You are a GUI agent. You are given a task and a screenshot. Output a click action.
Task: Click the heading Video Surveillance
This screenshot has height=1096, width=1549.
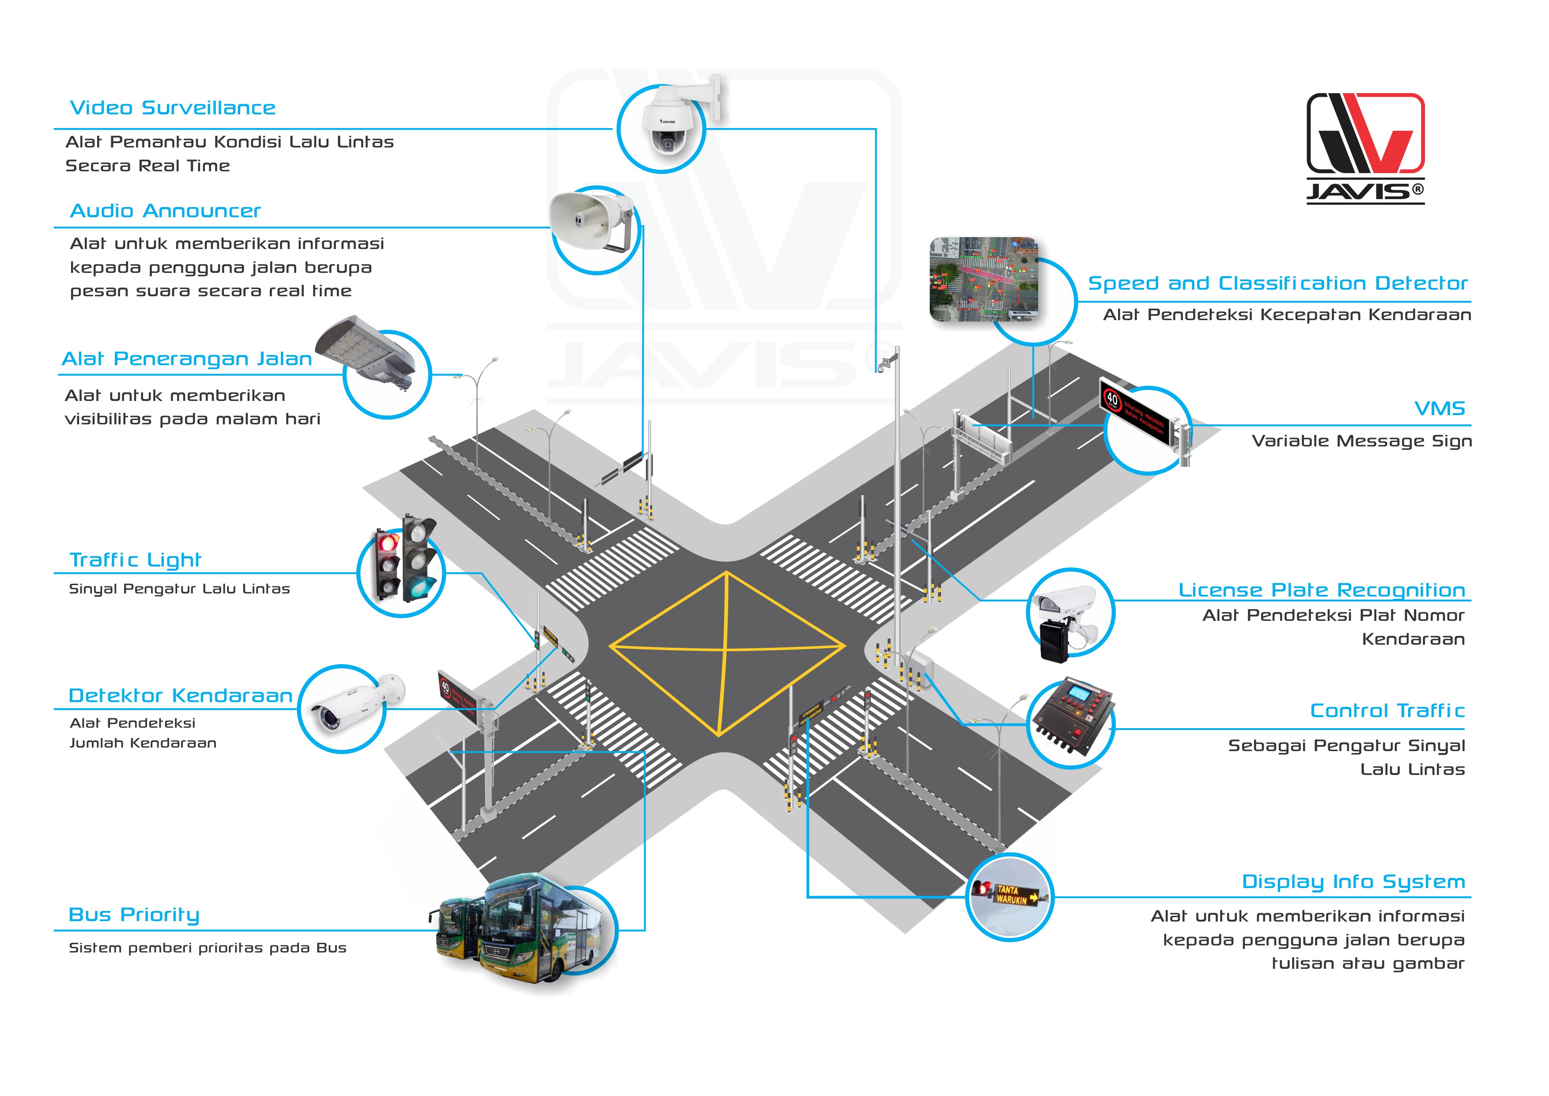coord(173,108)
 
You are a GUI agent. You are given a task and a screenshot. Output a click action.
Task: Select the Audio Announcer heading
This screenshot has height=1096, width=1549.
coord(165,211)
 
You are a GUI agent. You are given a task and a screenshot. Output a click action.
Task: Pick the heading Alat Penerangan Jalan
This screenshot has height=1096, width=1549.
coord(187,359)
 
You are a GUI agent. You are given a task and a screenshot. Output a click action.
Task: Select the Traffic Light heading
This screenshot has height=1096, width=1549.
coord(136,560)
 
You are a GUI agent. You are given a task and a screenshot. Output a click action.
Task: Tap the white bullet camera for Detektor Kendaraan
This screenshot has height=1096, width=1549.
coord(354,705)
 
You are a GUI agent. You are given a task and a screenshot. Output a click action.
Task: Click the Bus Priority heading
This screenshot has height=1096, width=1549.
coord(134,915)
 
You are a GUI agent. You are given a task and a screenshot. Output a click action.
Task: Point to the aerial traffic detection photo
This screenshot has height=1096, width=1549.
coord(984,280)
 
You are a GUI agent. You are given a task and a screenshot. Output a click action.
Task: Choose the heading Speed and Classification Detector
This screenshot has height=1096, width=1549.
coord(1278,283)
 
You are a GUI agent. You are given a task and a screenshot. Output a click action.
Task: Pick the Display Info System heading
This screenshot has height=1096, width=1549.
coord(1353,882)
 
